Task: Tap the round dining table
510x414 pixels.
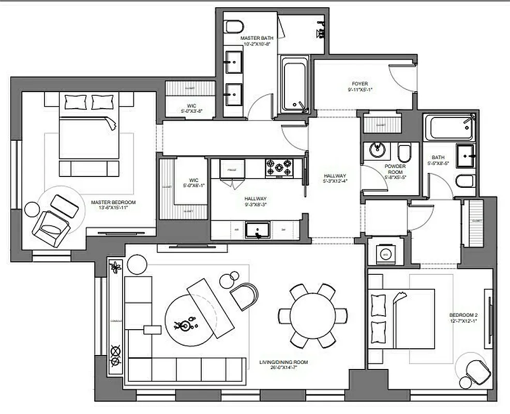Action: point(312,315)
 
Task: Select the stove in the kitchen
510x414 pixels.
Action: point(279,168)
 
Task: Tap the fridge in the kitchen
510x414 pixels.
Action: point(229,169)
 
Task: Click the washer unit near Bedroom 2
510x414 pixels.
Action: point(385,253)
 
